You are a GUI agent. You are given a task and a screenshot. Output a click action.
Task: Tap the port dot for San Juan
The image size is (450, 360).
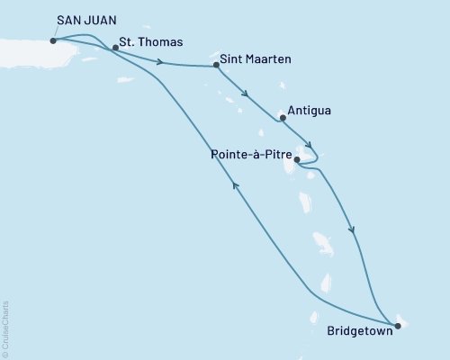[x=54, y=40]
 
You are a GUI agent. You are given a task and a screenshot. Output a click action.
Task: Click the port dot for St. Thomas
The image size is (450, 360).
[x=115, y=48]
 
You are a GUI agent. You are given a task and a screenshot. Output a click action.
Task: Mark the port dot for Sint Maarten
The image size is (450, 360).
[x=217, y=66]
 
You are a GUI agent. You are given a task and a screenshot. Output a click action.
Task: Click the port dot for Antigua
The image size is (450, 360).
[x=283, y=117]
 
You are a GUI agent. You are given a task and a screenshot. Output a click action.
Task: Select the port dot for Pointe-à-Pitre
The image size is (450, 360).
[x=298, y=160]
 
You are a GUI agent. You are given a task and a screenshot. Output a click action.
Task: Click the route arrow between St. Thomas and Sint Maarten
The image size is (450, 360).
[x=161, y=62]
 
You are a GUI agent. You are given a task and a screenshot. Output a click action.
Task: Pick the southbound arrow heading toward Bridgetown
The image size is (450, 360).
[x=353, y=231]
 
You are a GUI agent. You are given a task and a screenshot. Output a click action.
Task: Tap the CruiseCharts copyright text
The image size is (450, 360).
[x=6, y=328]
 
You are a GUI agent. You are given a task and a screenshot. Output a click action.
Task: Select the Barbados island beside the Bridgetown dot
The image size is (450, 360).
[x=401, y=319]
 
